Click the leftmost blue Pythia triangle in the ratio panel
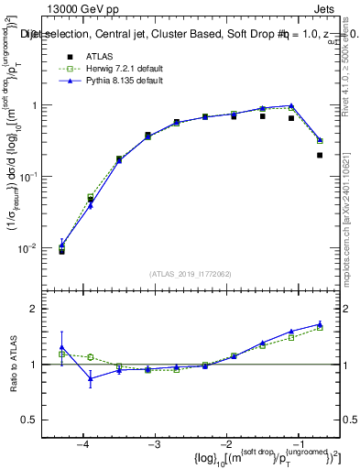point(61,349)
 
